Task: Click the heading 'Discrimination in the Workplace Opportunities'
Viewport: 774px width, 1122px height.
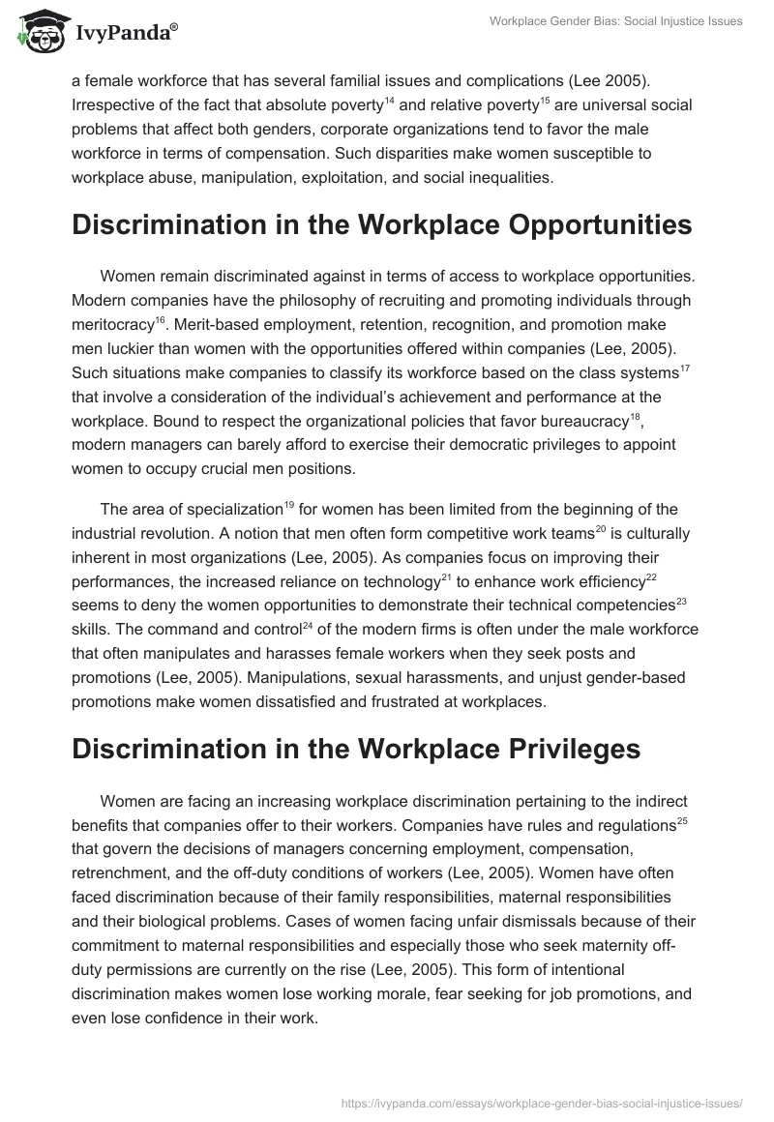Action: (381, 224)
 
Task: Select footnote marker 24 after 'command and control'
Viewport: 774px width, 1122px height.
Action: (308, 624)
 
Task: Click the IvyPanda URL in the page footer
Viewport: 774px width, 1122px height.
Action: (545, 1102)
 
